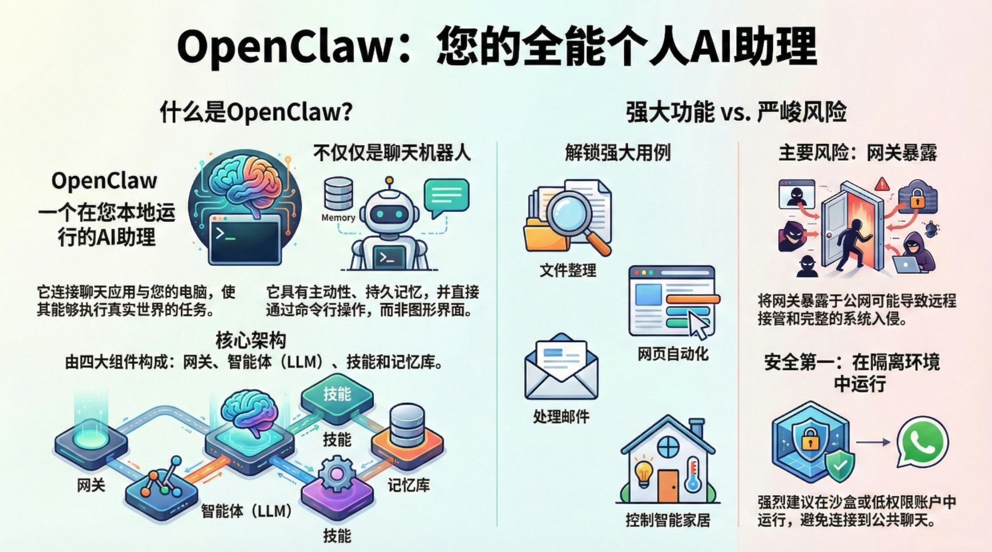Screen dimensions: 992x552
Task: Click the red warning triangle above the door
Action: click(882, 184)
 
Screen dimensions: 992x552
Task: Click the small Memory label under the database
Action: click(338, 217)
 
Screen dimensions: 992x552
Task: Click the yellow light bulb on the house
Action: click(644, 471)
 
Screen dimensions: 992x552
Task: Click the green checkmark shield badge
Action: click(840, 466)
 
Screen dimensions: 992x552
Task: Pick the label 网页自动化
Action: click(673, 354)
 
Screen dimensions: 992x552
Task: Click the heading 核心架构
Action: click(251, 340)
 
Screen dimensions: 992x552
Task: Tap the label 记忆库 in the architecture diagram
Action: click(409, 485)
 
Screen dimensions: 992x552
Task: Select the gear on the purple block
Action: click(337, 473)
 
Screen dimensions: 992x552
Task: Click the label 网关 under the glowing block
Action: click(91, 485)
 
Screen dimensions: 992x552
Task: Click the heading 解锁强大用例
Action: click(618, 153)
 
